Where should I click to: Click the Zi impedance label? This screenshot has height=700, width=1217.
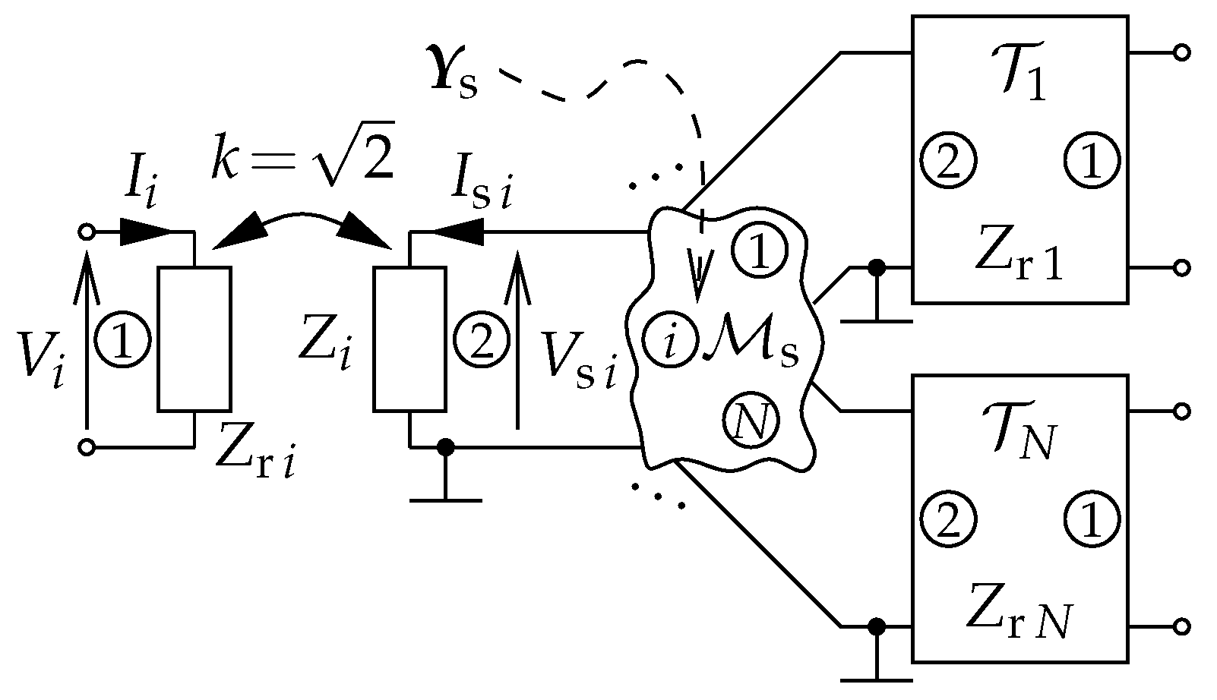325,348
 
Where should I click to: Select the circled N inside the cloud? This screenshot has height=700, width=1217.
751,421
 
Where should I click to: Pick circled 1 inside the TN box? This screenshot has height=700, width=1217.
1091,519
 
